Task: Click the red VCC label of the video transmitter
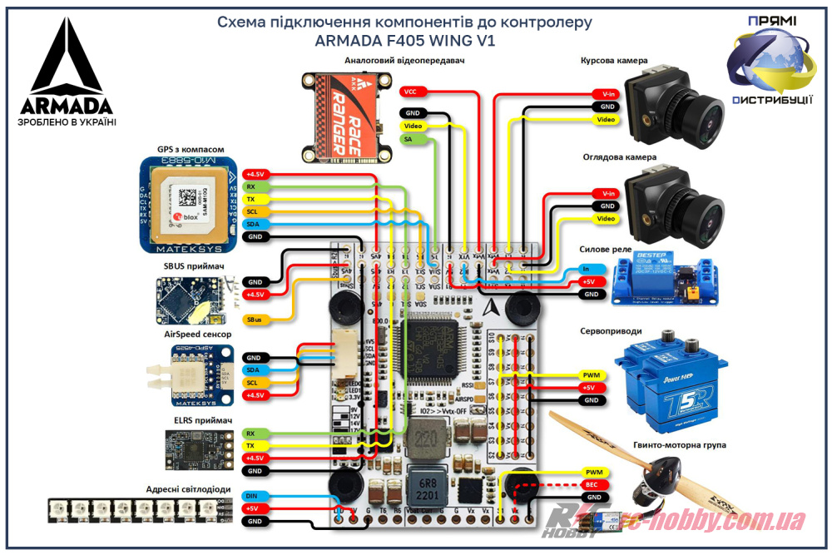click(412, 91)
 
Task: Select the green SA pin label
click(409, 139)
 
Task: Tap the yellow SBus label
click(254, 320)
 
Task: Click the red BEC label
click(592, 484)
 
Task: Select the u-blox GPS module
click(188, 205)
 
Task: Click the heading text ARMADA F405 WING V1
click(405, 40)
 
